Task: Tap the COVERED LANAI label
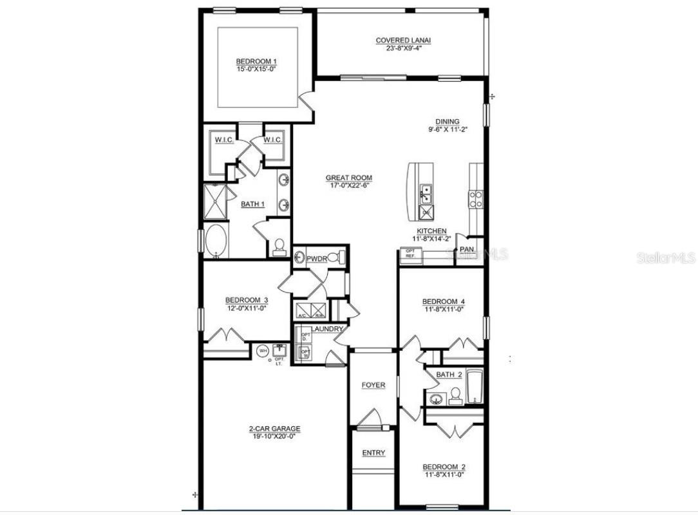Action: pyautogui.click(x=403, y=41)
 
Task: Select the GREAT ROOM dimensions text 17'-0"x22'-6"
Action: pyautogui.click(x=348, y=186)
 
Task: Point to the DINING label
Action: pyautogui.click(x=447, y=121)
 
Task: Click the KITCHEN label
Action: pyautogui.click(x=431, y=231)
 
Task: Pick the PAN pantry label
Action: pyautogui.click(x=467, y=248)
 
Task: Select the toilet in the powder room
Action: pyautogui.click(x=337, y=258)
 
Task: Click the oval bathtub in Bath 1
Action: pyautogui.click(x=215, y=241)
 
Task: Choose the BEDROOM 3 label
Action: pyautogui.click(x=246, y=300)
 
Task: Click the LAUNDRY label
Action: pyautogui.click(x=327, y=329)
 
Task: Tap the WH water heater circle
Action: pyautogui.click(x=262, y=351)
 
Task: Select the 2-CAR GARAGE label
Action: pyautogui.click(x=274, y=429)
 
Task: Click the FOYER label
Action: pyautogui.click(x=373, y=385)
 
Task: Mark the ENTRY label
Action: pyautogui.click(x=373, y=453)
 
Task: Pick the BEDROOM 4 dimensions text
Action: pyautogui.click(x=443, y=309)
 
